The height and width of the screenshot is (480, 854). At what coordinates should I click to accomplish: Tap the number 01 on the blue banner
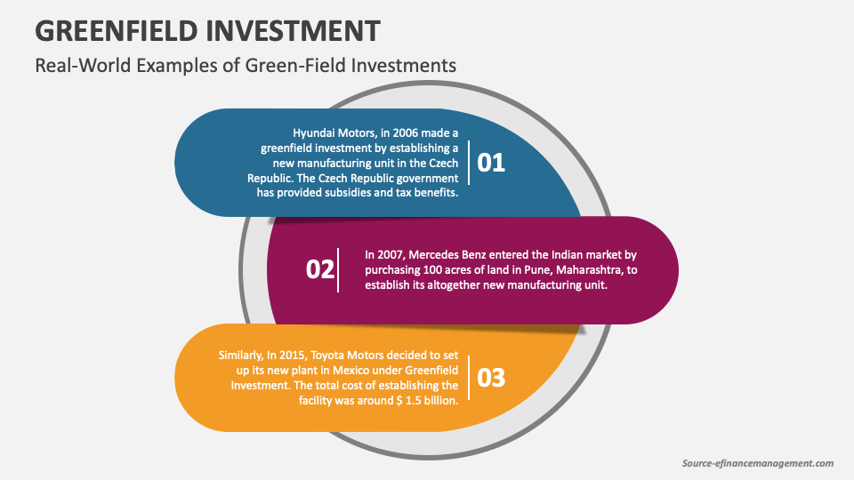tap(491, 163)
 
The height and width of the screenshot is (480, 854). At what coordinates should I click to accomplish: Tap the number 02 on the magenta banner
tap(319, 269)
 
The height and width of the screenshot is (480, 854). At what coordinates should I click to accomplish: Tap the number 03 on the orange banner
tap(491, 377)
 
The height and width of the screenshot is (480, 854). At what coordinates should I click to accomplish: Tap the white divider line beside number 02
tap(338, 269)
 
